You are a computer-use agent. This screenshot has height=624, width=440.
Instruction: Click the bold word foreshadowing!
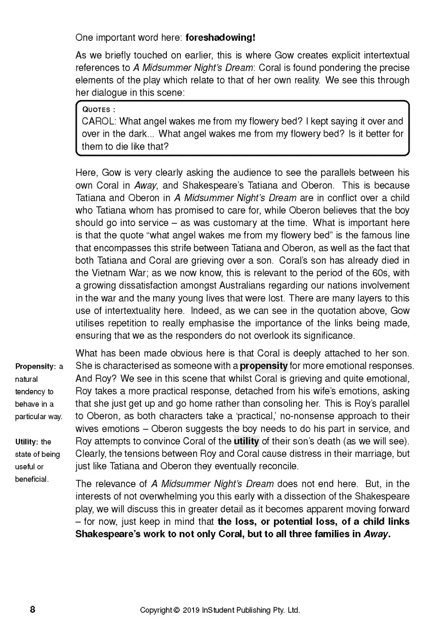tap(220, 38)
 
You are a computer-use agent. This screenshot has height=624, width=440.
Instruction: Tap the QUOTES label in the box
tap(96, 110)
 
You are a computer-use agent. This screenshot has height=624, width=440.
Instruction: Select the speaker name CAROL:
tap(99, 121)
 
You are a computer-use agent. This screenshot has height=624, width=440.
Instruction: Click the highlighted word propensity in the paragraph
tap(264, 366)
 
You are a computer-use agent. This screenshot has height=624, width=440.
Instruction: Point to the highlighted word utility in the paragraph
tap(246, 441)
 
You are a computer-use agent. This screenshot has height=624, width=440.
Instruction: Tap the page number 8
tap(32, 610)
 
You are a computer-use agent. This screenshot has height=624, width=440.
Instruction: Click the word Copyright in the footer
tap(156, 610)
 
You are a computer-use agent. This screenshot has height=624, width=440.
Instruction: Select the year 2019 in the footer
tap(191, 610)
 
